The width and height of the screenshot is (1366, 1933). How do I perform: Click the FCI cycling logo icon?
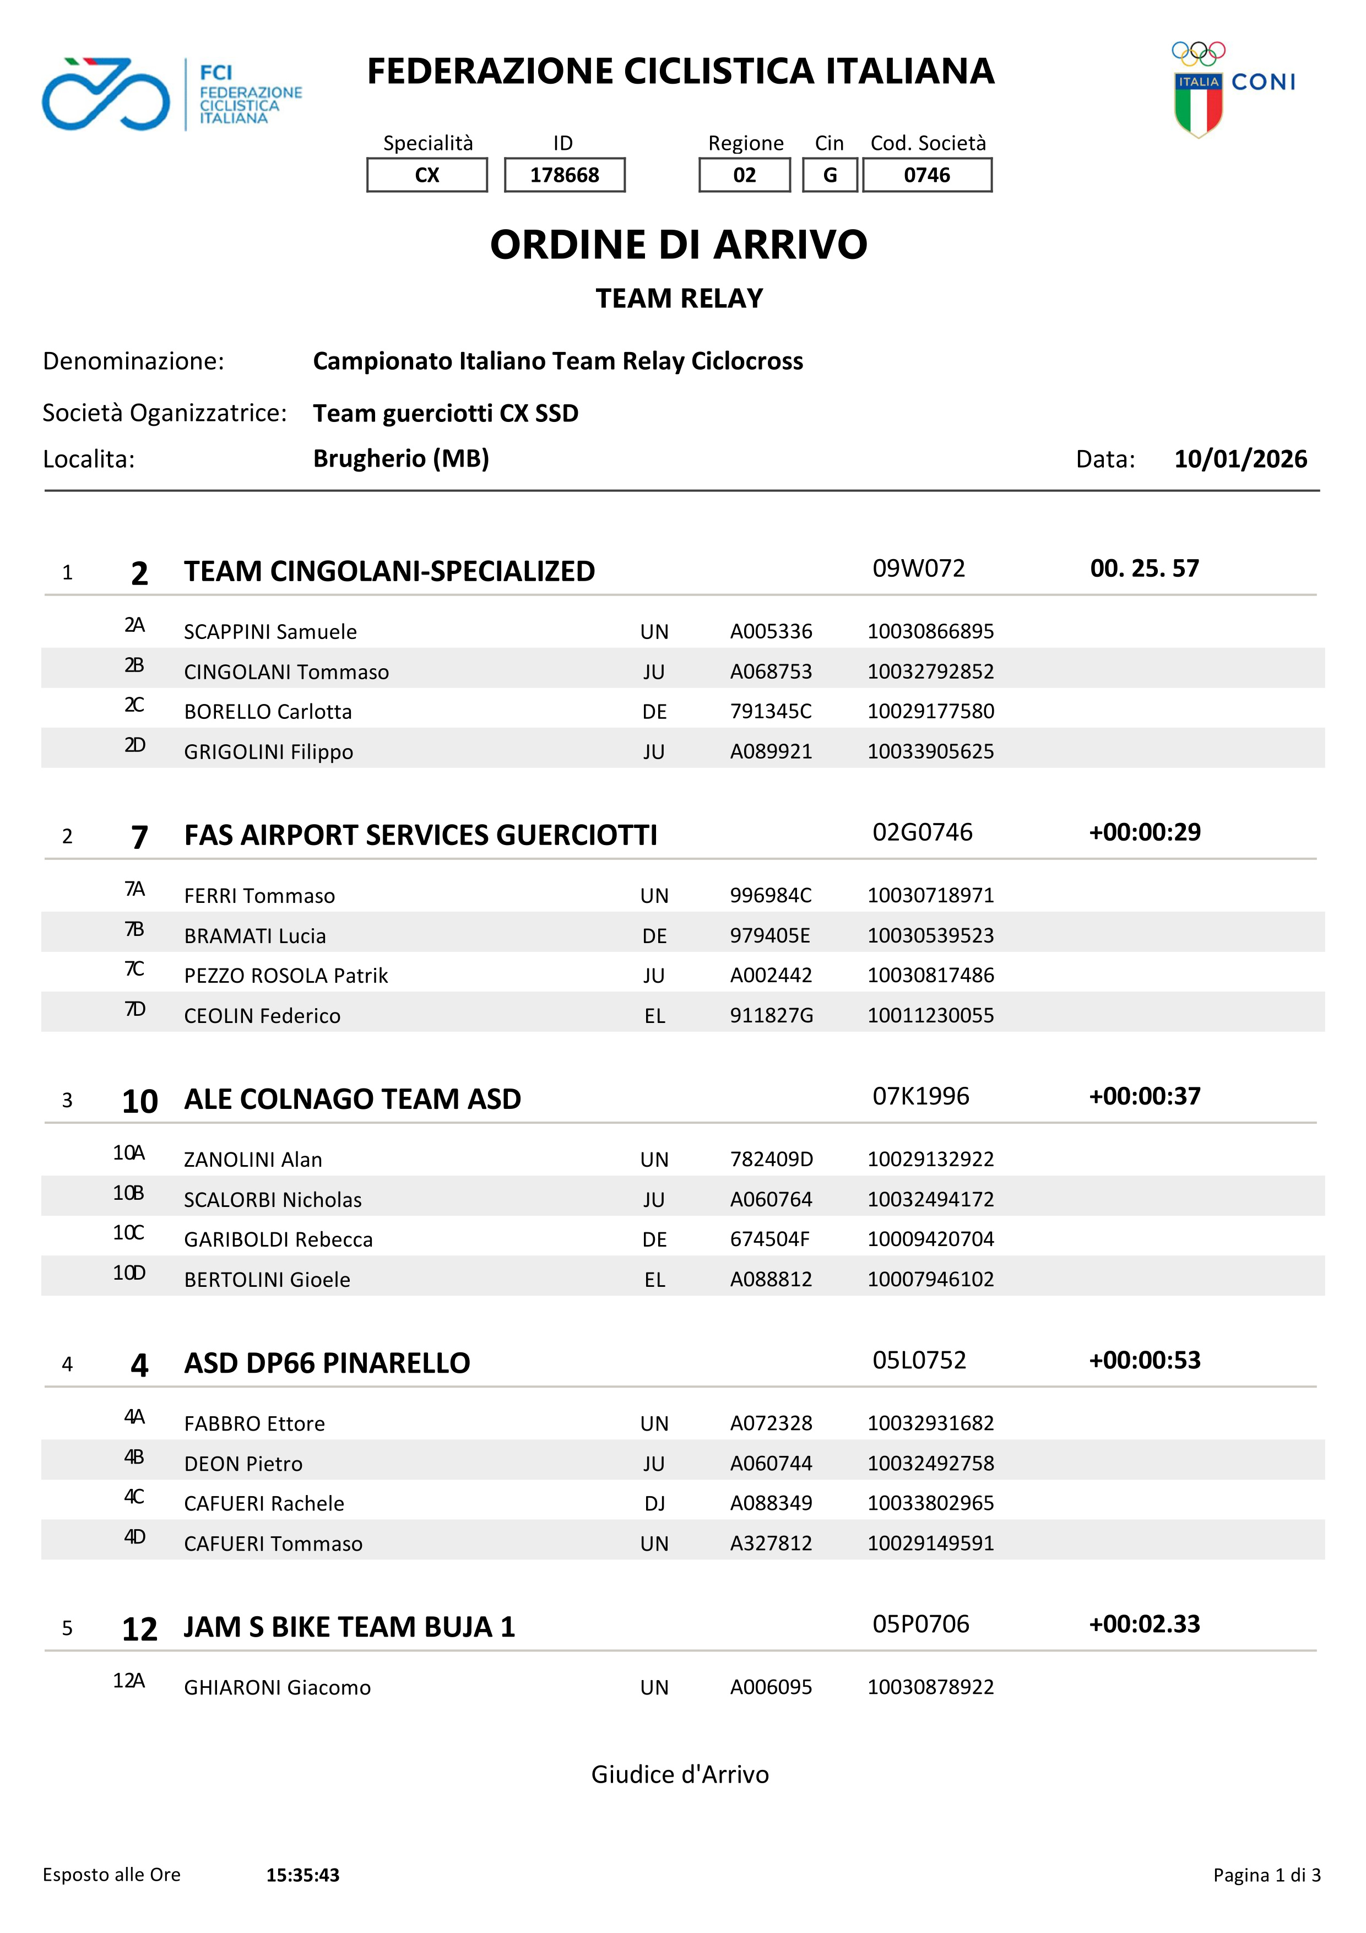coord(106,94)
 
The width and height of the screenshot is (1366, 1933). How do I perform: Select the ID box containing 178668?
coord(564,175)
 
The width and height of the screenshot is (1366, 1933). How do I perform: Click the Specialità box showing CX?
coord(427,175)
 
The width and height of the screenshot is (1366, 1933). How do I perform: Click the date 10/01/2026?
coord(1240,459)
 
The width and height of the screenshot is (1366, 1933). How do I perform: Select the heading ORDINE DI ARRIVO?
coord(679,245)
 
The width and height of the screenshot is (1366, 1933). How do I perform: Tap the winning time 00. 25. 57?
coord(1144,568)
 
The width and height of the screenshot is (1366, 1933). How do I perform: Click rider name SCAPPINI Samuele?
coord(270,631)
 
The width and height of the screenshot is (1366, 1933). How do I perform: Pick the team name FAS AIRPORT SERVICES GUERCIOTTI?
coord(420,835)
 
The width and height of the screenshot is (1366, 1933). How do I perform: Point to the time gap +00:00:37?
coord(1145,1096)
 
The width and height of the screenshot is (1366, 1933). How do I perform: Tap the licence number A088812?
coord(771,1280)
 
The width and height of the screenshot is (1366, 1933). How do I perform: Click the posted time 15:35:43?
coord(303,1875)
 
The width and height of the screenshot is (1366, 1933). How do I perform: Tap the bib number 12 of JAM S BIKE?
coord(140,1629)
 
